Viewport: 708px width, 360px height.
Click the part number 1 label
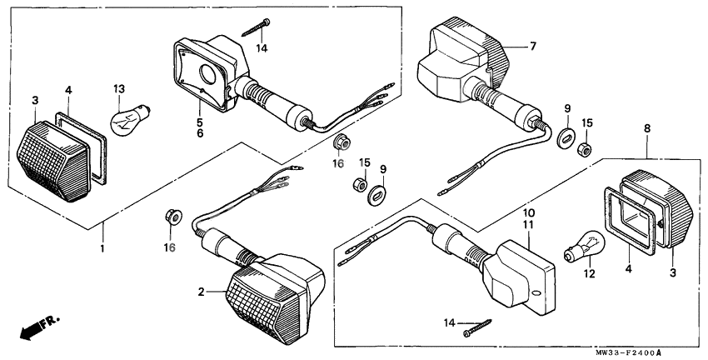point(102,248)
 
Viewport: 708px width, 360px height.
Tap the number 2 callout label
point(201,292)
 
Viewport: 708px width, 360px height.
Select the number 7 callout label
point(533,47)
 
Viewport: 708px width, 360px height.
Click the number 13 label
point(119,89)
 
